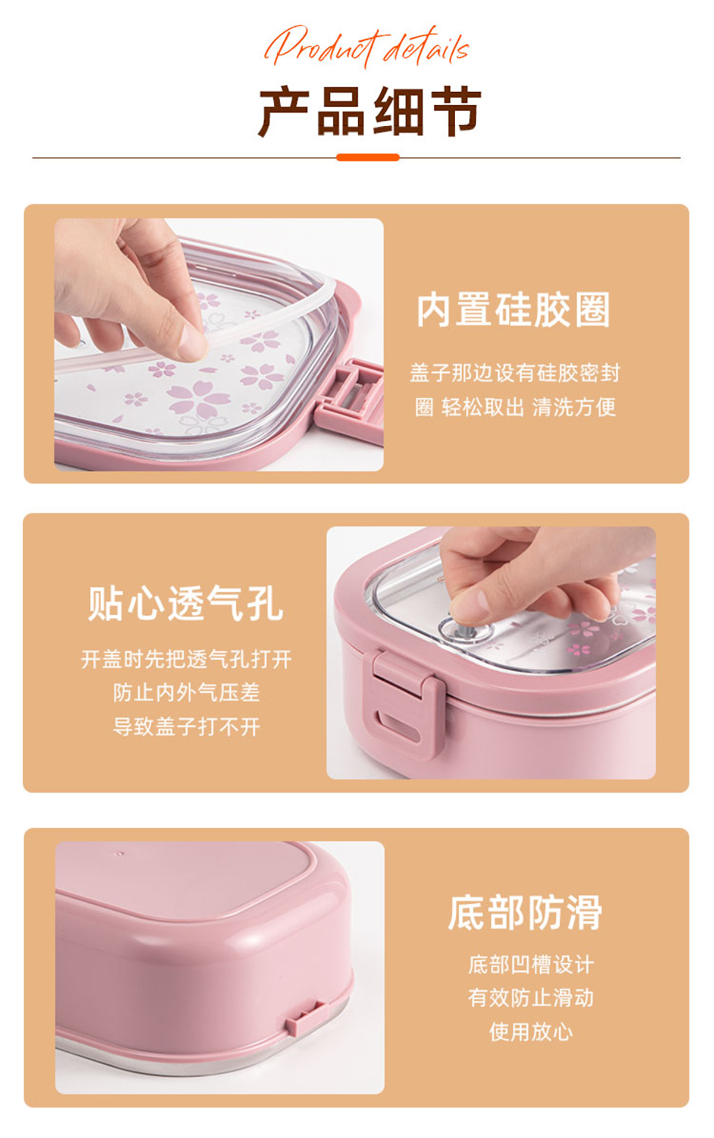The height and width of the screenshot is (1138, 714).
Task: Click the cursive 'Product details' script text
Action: pyautogui.click(x=367, y=46)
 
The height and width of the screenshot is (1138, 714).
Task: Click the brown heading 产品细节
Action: pyautogui.click(x=369, y=111)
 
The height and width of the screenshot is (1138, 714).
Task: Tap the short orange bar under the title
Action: pyautogui.click(x=368, y=158)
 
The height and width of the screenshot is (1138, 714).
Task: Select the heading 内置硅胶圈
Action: pyautogui.click(x=513, y=310)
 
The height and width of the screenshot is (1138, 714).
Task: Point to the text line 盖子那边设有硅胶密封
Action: pyautogui.click(x=515, y=373)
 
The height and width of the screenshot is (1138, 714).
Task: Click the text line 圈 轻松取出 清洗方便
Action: pyautogui.click(x=515, y=407)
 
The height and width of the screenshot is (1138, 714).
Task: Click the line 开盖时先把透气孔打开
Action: pyautogui.click(x=186, y=659)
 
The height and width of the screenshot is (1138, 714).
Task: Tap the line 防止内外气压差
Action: pyautogui.click(x=186, y=693)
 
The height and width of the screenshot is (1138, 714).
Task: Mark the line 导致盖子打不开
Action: pyautogui.click(x=186, y=727)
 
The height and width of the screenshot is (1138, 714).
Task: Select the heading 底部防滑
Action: pyautogui.click(x=525, y=912)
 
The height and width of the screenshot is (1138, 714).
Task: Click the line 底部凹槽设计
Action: pyautogui.click(x=531, y=964)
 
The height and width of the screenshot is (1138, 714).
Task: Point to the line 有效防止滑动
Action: pyautogui.click(x=531, y=998)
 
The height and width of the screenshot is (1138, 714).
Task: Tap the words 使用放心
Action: pyautogui.click(x=531, y=1032)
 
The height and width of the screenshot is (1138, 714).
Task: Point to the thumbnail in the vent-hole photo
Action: pyautogui.click(x=470, y=603)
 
